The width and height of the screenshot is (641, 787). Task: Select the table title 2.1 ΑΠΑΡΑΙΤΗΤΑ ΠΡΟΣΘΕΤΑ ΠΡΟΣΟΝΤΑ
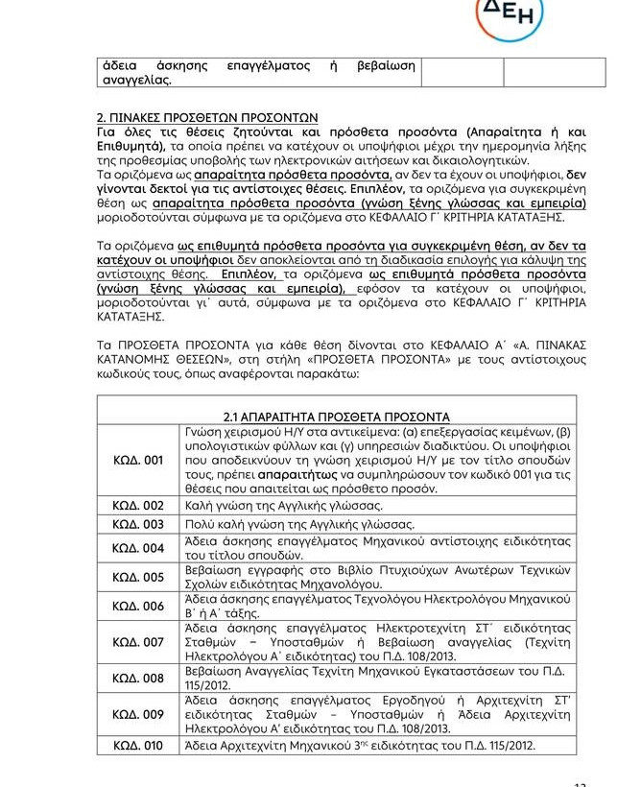tap(336, 417)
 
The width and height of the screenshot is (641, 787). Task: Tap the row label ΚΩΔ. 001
tap(138, 461)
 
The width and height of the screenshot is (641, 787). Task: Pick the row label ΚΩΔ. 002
tap(138, 505)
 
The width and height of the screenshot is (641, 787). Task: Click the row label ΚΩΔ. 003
tap(138, 524)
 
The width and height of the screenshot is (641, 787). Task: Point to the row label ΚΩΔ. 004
tap(138, 548)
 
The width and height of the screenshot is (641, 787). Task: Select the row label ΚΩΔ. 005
tap(138, 577)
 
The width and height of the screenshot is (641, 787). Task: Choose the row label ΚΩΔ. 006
tap(138, 607)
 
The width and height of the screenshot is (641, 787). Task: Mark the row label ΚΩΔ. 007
tap(138, 642)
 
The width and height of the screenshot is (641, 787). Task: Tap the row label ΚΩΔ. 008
tap(138, 679)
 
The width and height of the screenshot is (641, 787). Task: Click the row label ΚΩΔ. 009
tap(138, 714)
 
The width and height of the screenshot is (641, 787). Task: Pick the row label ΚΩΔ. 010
tap(138, 746)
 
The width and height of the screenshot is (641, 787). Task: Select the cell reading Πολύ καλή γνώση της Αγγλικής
tap(299, 524)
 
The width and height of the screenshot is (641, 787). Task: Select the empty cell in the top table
tap(513, 72)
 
